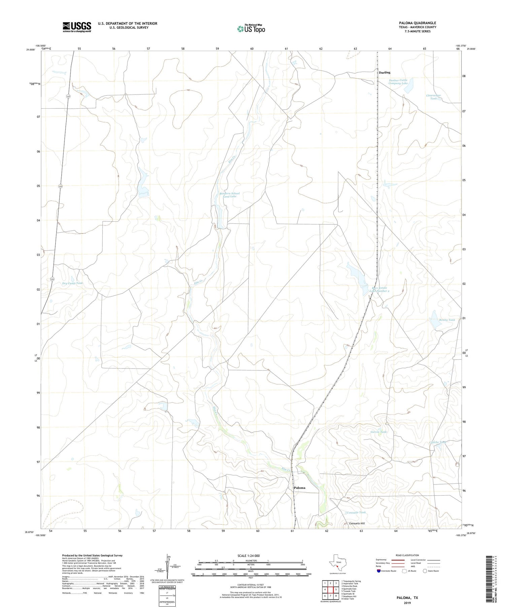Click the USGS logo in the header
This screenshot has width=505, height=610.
(x=77, y=27)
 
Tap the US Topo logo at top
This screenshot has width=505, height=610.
(x=251, y=29)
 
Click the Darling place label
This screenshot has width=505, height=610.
(x=384, y=72)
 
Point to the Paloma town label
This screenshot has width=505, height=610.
(x=299, y=488)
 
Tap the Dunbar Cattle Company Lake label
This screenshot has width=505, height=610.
(x=398, y=81)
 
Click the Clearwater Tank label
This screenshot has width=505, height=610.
(x=433, y=97)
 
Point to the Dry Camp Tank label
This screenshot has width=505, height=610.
(x=72, y=283)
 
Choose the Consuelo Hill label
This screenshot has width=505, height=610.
(x=357, y=524)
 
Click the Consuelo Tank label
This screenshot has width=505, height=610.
(x=356, y=512)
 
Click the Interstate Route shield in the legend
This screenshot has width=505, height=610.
(x=379, y=571)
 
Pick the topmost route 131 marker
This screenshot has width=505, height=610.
(x=68, y=96)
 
